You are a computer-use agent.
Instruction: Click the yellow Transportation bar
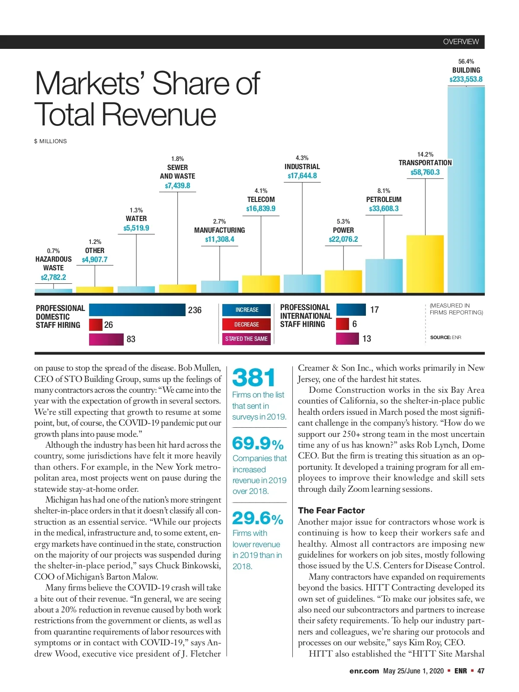425,264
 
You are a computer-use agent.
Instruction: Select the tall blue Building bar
466,190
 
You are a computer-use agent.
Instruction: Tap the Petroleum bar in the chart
384,276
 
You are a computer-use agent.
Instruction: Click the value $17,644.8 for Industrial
302,176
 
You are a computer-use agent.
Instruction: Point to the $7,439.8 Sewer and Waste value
177,186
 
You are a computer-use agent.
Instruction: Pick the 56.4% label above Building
466,61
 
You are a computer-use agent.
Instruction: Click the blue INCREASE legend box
247,310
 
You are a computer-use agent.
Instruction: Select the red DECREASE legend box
247,324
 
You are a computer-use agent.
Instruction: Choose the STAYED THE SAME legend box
247,339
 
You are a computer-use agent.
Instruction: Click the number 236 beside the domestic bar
195,310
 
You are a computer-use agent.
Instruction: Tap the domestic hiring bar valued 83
106,339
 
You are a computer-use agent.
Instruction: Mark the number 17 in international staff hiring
375,310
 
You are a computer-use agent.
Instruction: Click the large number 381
254,378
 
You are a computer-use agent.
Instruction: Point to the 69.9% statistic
258,443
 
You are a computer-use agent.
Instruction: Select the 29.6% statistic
258,518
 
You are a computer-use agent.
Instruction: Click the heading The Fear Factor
331,510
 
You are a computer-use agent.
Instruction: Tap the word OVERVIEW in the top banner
461,42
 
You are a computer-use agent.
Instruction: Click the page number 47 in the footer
481,671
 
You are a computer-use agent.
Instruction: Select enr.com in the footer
364,671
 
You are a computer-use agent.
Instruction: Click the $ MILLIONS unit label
51,141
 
